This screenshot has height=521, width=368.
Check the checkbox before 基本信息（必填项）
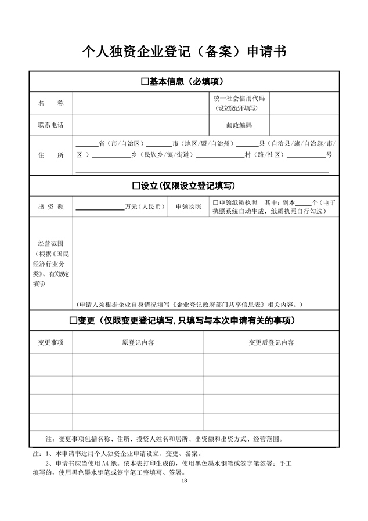pos(145,82)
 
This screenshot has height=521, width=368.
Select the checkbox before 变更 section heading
pos(74,320)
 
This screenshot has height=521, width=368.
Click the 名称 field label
pos(51,103)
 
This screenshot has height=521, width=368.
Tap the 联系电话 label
pos(51,125)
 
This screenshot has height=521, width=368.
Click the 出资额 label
pos(51,207)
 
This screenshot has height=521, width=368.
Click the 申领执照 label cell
pos(188,207)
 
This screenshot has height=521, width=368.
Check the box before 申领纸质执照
pos(215,202)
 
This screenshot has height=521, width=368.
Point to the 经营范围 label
pos(51,244)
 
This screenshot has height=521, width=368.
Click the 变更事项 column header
pos(51,342)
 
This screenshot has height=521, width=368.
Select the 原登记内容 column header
pos(138,342)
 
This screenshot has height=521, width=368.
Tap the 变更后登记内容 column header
pos(271,342)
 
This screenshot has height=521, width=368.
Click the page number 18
pos(184,480)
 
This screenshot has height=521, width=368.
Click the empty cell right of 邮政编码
pos(305,125)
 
